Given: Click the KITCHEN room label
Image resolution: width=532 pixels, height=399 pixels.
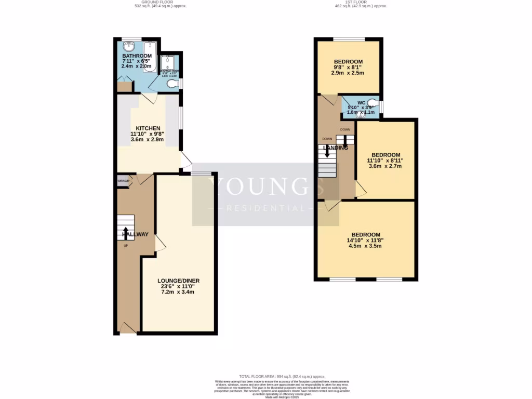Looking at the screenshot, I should click(148, 128).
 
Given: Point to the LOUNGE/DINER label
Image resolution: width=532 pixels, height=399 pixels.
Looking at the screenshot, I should click(178, 281).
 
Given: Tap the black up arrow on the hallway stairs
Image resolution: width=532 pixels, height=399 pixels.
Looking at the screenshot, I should click(125, 233).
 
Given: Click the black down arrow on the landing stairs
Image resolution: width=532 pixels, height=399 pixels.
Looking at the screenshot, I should click(327, 151).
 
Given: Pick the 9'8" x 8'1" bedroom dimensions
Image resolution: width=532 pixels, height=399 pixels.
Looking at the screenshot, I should click(348, 67).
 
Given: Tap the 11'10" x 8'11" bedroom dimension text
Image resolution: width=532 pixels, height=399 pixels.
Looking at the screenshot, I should click(386, 161).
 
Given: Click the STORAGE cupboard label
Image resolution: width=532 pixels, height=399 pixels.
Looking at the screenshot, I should click(123, 181).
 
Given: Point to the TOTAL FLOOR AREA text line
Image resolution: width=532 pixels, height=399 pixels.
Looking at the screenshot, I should click(268, 377).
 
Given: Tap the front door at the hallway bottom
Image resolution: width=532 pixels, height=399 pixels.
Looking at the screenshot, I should click(128, 327).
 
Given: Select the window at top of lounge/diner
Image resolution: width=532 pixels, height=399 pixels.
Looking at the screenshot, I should click(201, 173).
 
